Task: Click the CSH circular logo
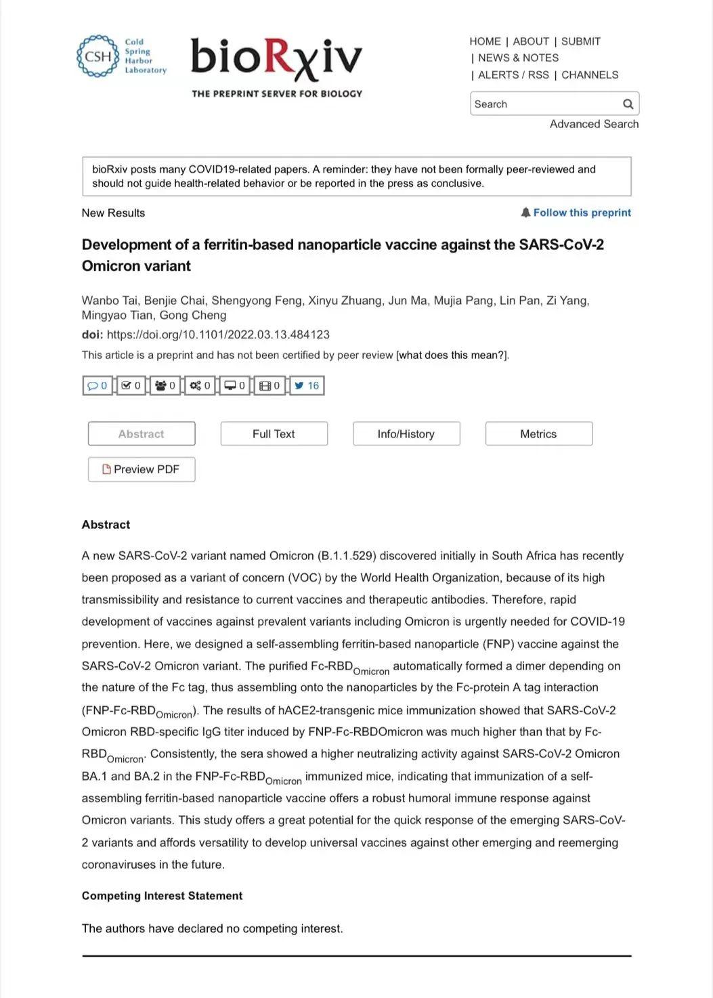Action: click(x=98, y=56)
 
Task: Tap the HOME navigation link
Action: click(x=485, y=41)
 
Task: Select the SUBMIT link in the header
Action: click(x=580, y=41)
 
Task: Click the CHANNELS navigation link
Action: click(x=589, y=75)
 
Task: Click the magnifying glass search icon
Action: click(x=628, y=104)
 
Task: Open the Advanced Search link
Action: click(x=594, y=124)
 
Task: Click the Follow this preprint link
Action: click(x=581, y=213)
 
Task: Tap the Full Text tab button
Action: click(x=274, y=434)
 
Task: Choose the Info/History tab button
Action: click(x=406, y=434)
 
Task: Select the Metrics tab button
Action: click(x=538, y=434)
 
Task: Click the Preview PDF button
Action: click(x=141, y=469)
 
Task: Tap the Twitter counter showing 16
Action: click(x=307, y=386)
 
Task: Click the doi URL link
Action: click(x=218, y=334)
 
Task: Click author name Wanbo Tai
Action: click(x=109, y=301)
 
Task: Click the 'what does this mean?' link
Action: click(x=452, y=355)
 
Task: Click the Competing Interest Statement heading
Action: click(x=162, y=896)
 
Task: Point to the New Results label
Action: click(x=113, y=213)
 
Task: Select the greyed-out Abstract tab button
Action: click(x=141, y=434)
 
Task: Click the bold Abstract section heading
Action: click(x=106, y=525)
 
